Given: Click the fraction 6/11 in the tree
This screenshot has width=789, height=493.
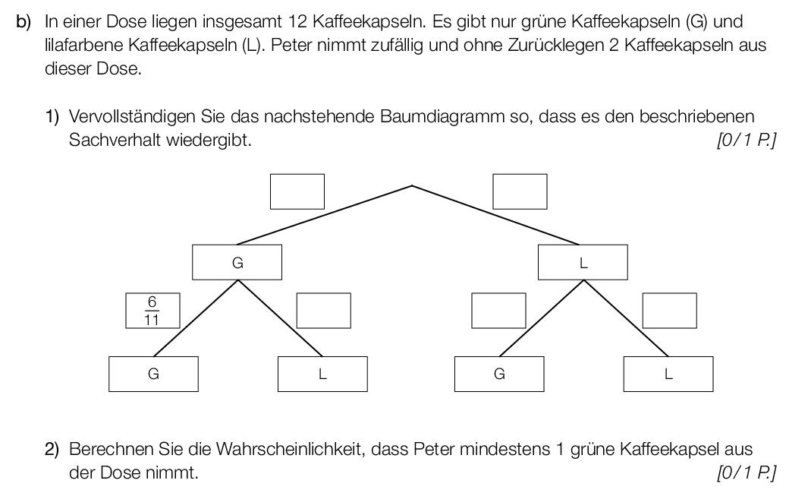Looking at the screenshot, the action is click(x=152, y=311).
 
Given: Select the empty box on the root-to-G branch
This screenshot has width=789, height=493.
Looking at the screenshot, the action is click(x=297, y=191).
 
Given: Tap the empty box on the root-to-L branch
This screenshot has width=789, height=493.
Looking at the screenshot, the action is click(x=520, y=191).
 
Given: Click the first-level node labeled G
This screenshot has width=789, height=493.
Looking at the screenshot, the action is click(x=237, y=262).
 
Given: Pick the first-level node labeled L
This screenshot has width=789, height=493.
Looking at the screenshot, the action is click(x=583, y=262).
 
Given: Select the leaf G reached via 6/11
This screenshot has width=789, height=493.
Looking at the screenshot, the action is click(x=153, y=374).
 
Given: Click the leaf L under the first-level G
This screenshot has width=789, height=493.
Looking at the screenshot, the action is click(x=322, y=374).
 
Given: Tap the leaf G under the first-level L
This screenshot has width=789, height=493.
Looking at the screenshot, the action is click(x=499, y=374).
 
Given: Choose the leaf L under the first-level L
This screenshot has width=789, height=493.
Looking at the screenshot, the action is click(x=668, y=374).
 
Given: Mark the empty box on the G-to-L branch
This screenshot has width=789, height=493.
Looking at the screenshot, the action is click(x=323, y=311).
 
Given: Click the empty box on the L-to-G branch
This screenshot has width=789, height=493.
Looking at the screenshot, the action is click(x=498, y=311).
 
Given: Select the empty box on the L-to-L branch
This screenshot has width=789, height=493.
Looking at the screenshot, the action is click(x=670, y=311).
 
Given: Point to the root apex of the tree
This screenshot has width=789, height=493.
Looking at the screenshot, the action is click(x=412, y=185).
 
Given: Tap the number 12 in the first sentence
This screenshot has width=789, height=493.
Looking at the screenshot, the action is click(x=298, y=22).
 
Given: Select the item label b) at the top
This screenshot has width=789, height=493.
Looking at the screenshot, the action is click(x=24, y=23).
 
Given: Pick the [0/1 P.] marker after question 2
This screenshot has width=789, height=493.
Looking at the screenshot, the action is click(x=747, y=472).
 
